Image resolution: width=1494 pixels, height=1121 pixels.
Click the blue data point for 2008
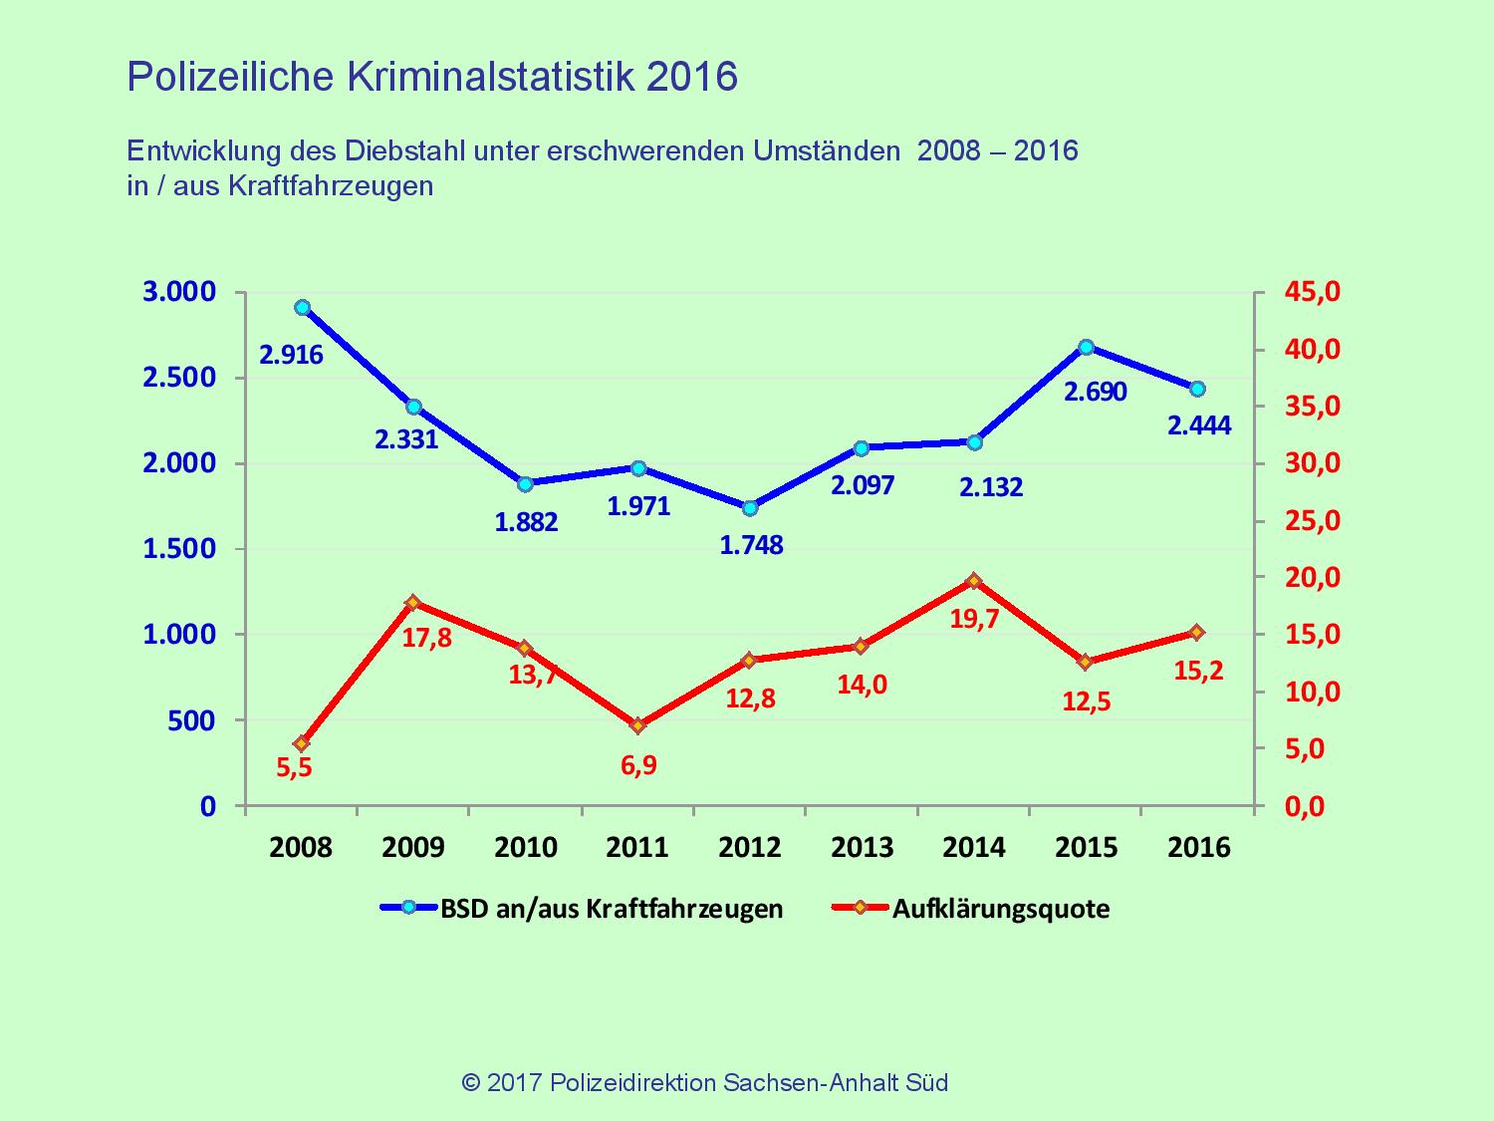point(303,308)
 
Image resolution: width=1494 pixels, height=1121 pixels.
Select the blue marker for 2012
point(750,508)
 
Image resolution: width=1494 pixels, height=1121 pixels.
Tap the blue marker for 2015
point(1087,347)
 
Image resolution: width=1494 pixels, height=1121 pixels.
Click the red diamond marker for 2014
point(974,581)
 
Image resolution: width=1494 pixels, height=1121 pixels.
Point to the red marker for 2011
point(638,725)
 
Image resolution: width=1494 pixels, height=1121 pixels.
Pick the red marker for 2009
point(414,602)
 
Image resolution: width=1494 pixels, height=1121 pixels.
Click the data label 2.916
point(291,355)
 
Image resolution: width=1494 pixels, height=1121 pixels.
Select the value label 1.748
point(751,545)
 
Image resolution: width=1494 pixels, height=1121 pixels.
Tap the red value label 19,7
point(975,620)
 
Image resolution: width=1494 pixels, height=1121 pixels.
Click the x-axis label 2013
point(863,848)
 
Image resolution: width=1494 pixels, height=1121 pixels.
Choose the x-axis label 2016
point(1198,848)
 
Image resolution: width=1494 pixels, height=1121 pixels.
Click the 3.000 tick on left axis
point(180,292)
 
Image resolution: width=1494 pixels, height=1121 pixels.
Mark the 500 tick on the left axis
point(192,720)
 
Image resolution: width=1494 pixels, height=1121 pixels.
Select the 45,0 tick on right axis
point(1313,292)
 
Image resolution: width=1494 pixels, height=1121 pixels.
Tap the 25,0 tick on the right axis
point(1313,521)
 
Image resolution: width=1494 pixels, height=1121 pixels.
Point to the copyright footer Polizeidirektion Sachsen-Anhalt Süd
point(748,1082)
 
